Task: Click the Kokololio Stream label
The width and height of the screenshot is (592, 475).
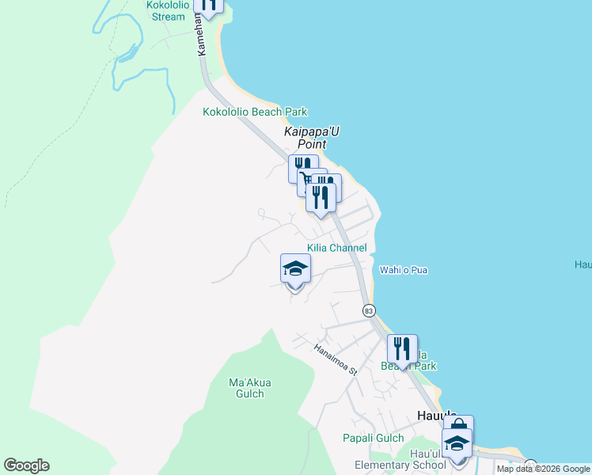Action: (x=165, y=10)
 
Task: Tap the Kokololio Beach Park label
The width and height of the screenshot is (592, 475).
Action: (x=255, y=112)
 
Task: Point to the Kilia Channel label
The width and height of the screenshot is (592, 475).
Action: (x=336, y=248)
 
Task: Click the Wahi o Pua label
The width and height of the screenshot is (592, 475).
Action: (x=404, y=270)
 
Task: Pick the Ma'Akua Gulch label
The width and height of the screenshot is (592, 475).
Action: (x=250, y=388)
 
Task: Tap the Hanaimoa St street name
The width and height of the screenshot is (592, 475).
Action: (x=336, y=359)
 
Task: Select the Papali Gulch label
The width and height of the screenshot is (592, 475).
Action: (x=373, y=438)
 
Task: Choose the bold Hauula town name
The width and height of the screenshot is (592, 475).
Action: (x=436, y=414)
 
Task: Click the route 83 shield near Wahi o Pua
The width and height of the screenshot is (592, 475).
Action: (x=369, y=311)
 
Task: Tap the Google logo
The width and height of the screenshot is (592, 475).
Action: (x=26, y=465)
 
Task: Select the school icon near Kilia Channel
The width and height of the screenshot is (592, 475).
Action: (x=295, y=268)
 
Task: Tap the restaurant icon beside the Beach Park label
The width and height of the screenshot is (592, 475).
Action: (x=402, y=348)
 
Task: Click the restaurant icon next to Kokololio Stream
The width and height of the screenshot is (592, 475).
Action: (x=208, y=4)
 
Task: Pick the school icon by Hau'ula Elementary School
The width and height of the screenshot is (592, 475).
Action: (x=457, y=443)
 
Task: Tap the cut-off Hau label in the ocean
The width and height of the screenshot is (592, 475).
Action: (x=583, y=265)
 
